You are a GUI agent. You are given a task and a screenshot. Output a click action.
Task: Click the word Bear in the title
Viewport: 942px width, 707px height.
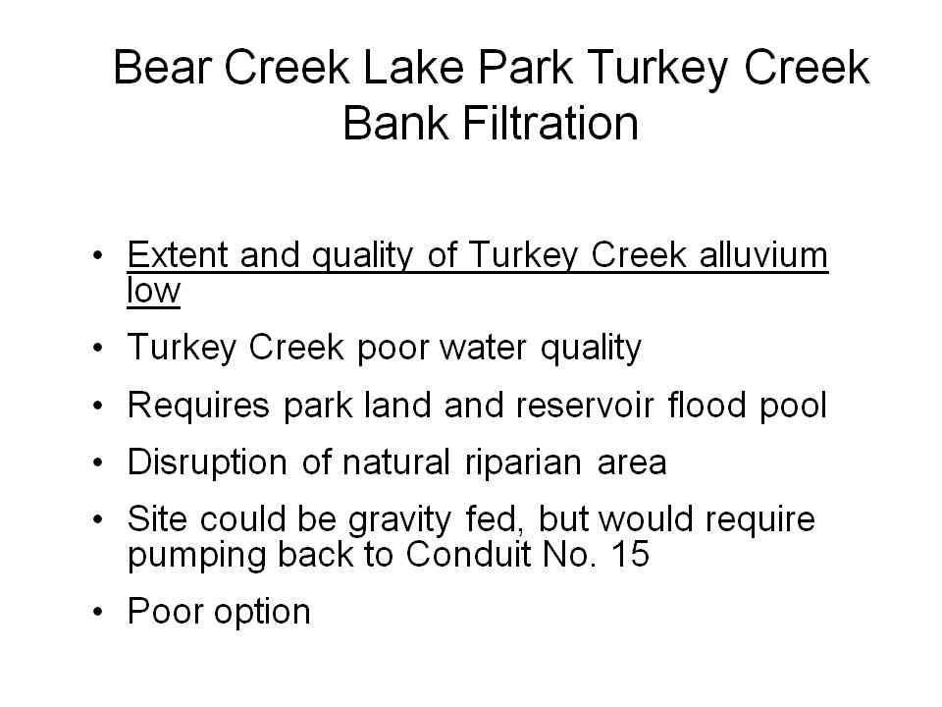163,67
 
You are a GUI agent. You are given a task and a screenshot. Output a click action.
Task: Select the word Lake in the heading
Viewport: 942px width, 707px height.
414,67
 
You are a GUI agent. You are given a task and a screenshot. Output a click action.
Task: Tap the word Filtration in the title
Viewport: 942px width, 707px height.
550,124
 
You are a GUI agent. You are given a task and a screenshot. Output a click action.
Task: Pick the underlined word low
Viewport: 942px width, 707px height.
153,291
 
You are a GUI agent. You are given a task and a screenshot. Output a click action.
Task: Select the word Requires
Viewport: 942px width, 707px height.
198,406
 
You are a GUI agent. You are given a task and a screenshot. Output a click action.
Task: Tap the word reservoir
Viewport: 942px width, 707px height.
585,406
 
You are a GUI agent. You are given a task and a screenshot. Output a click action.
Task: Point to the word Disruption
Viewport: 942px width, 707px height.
207,462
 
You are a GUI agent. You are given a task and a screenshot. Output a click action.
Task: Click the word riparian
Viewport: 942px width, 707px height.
523,463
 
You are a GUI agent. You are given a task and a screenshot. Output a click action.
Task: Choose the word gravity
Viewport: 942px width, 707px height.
399,520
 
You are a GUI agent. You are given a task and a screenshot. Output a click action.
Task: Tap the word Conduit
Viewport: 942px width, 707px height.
467,554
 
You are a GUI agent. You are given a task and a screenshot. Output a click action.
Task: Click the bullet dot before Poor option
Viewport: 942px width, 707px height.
98,612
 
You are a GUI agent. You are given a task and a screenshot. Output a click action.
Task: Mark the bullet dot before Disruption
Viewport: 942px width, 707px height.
98,462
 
